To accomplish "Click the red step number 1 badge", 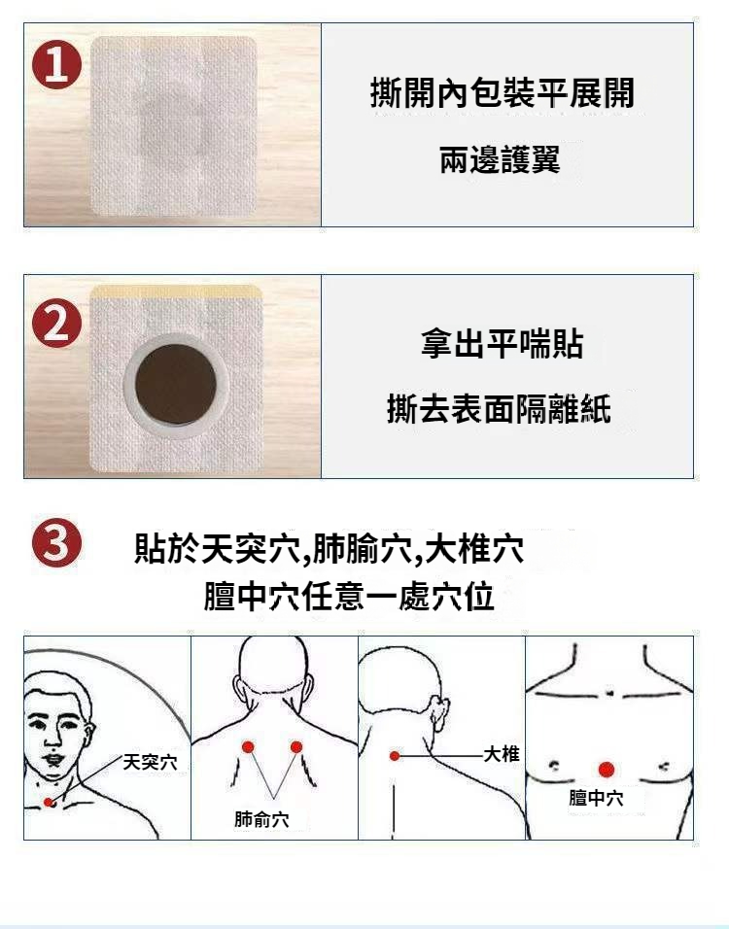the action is tap(57, 64).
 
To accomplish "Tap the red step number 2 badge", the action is tap(57, 324).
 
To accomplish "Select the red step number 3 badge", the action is tap(57, 542).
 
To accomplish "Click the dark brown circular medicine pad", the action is tap(175, 385).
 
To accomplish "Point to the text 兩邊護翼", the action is tap(500, 159).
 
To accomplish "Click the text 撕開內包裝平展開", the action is tap(502, 93).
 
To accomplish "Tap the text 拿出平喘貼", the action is tap(502, 344).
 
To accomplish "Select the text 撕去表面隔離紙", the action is tap(499, 409).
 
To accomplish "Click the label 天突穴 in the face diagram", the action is tap(150, 762).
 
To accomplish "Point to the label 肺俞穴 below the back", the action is tap(261, 819).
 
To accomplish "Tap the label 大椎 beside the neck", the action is tap(502, 754).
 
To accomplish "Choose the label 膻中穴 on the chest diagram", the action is tap(596, 798).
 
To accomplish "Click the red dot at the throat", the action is tap(48, 803).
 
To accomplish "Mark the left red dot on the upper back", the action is tap(248, 746).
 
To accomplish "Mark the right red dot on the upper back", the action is tap(296, 746).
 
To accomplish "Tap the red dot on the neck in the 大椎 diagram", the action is tap(394, 755).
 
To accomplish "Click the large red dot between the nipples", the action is tap(606, 770).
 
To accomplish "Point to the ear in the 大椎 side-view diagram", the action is tap(439, 712).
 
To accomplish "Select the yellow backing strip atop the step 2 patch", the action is tap(177, 292).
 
